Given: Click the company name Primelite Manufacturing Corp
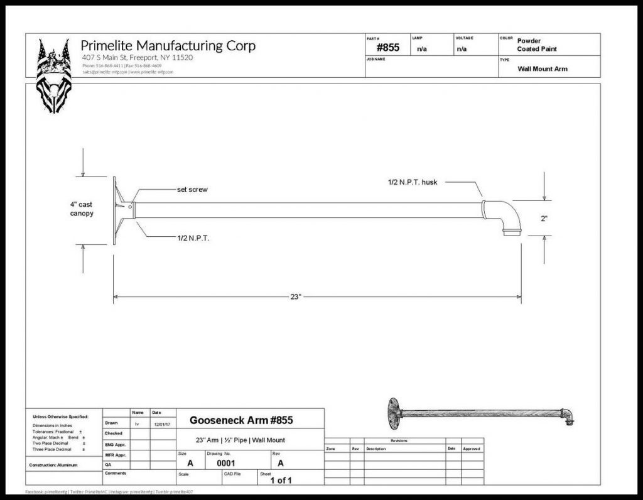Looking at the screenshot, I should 168,46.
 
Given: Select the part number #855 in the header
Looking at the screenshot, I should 387,48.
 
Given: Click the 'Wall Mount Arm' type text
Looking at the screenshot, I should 542,68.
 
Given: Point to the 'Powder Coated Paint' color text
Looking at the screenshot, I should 537,45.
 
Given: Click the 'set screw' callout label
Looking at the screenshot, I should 192,190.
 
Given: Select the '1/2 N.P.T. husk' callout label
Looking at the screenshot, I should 412,182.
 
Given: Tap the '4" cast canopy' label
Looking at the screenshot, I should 82,209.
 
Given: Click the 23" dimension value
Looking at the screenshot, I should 296,296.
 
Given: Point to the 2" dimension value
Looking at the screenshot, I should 544,219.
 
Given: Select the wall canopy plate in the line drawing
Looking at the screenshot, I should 116,210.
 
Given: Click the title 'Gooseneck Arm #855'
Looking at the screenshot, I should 241,420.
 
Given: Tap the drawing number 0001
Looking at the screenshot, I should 225,463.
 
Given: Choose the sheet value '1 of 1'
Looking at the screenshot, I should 281,481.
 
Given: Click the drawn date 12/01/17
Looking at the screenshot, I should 161,423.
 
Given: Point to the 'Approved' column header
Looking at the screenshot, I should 471,448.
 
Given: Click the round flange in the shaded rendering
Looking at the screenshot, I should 394,412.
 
